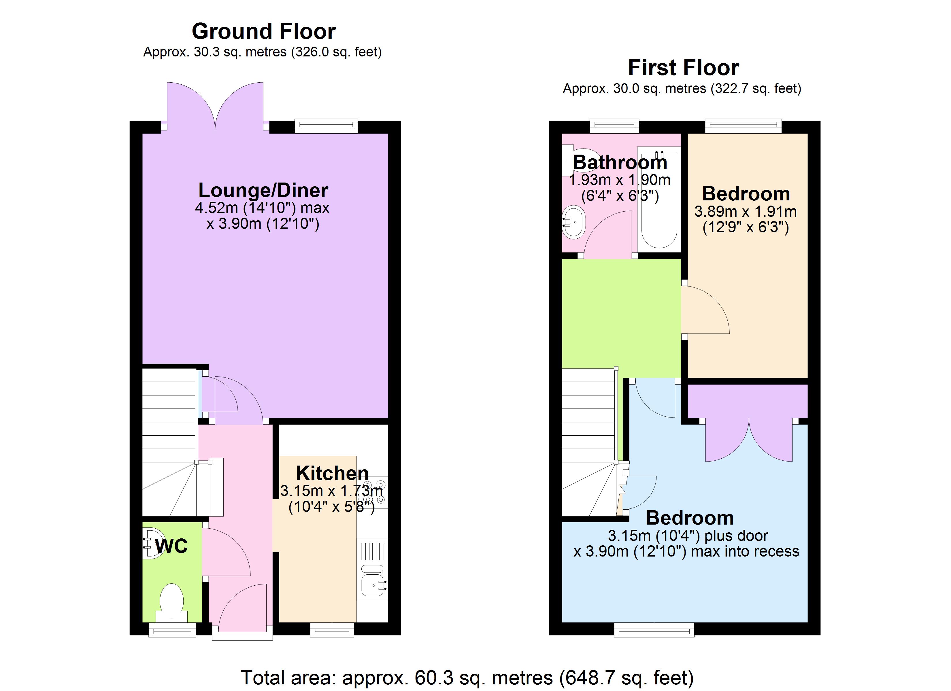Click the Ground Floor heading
coord(263,31)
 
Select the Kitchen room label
coord(332,473)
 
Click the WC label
coord(171,546)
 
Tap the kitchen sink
coord(372,585)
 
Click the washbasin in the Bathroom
coord(573,222)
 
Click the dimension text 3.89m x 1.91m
coord(746,212)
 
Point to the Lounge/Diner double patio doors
coord(215,107)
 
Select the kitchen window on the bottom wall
coord(332,630)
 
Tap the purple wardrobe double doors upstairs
coord(749,440)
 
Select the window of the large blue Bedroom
coord(654,630)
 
